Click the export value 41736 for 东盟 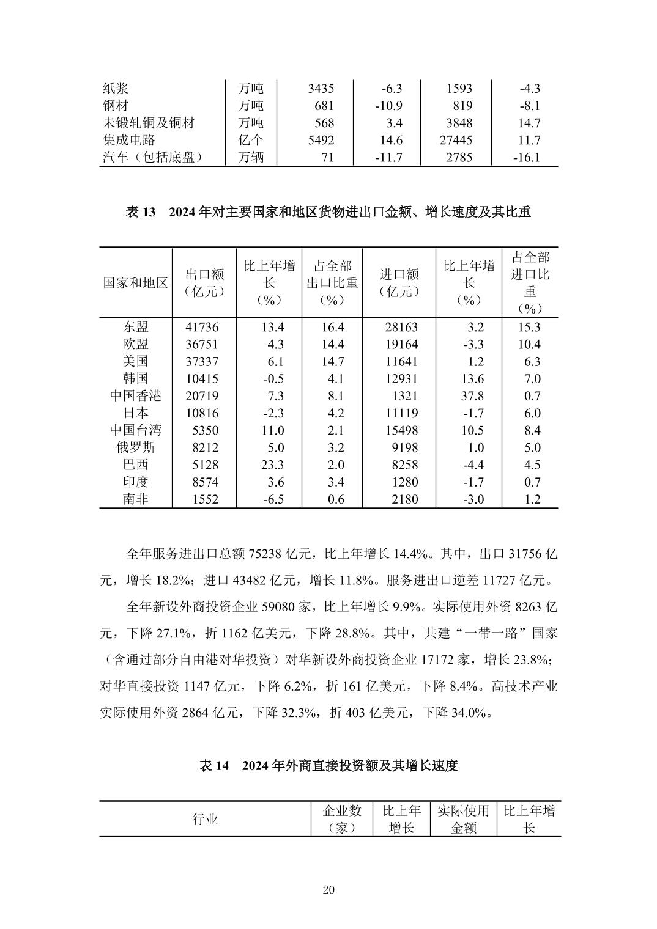pyautogui.click(x=201, y=327)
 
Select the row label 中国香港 pyautogui.click(x=135, y=396)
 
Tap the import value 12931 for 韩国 pyautogui.click(x=401, y=379)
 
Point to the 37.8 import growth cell pyautogui.click(x=472, y=396)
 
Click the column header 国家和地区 pyautogui.click(x=135, y=282)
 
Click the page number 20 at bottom pyautogui.click(x=328, y=890)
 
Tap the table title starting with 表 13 pyautogui.click(x=328, y=213)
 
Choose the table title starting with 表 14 pyautogui.click(x=328, y=766)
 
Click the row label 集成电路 pyautogui.click(x=129, y=140)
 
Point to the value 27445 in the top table pyautogui.click(x=456, y=140)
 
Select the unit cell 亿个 pyautogui.click(x=250, y=140)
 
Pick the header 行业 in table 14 pyautogui.click(x=205, y=820)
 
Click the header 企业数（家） pyautogui.click(x=341, y=820)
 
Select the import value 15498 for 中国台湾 pyautogui.click(x=401, y=430)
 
